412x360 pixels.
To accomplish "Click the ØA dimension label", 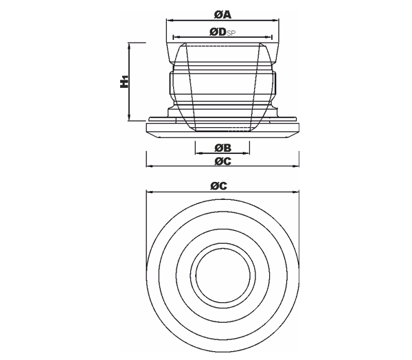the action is point(222,14).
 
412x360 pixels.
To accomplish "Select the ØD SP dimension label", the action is point(222,32).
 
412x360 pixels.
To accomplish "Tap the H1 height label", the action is point(124,82).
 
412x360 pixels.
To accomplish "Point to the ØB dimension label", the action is point(222,148).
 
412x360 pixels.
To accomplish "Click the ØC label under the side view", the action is point(222,161).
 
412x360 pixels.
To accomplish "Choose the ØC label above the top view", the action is point(218,186).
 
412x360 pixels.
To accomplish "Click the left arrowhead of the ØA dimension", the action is point(170,20).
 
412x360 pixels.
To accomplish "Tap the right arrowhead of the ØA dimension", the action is point(276,20).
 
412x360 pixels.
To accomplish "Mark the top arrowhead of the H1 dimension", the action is point(129,46).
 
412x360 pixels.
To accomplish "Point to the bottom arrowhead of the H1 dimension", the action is point(129,117).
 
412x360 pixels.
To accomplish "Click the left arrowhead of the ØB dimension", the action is point(198,153).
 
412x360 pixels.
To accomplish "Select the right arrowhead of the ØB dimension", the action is point(247,153).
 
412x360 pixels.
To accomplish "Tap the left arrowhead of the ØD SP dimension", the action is point(176,37).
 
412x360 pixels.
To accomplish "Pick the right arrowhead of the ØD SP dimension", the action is point(269,37).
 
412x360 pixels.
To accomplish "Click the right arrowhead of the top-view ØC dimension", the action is point(296,192).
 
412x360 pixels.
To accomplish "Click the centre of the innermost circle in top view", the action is point(222,275).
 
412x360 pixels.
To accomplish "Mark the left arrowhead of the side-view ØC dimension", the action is point(149,166).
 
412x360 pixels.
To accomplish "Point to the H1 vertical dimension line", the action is point(129,82).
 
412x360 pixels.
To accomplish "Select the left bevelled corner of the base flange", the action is point(152,135).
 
